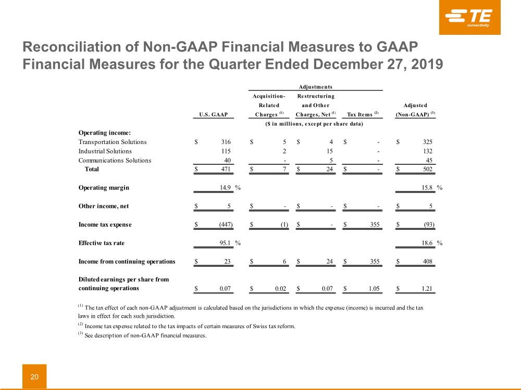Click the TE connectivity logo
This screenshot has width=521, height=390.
tap(469, 17)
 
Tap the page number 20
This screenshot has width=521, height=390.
tap(34, 376)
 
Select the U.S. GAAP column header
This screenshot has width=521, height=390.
tap(213, 114)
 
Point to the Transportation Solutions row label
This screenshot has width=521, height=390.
tap(113, 142)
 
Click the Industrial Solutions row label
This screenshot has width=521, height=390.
tap(105, 151)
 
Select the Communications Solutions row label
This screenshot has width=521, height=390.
tap(115, 161)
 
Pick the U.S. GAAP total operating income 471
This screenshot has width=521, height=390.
tap(226, 169)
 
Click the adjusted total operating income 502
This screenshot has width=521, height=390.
tap(428, 169)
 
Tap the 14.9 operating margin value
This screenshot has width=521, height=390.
tap(225, 188)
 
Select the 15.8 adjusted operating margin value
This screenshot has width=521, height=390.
tap(427, 188)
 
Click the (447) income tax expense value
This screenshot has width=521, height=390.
tap(226, 225)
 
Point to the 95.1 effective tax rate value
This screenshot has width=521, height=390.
tap(225, 243)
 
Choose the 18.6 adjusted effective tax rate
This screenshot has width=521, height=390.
tap(427, 243)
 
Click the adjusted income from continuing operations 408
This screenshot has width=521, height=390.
tap(428, 262)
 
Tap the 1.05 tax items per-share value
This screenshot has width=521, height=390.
tap(374, 289)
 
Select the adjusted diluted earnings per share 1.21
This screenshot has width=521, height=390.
tap(427, 289)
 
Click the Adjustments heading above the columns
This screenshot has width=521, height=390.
tap(315, 87)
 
